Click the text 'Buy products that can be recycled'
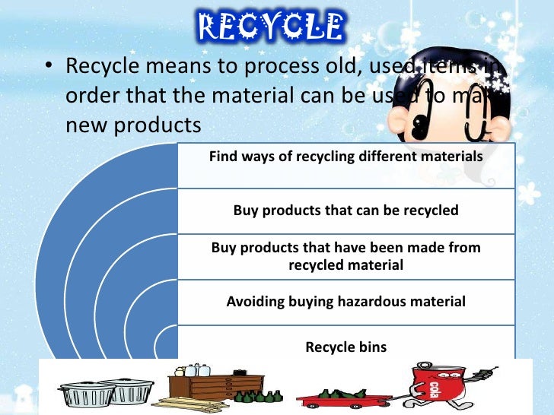click(x=345, y=210)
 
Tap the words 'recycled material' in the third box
click(x=345, y=265)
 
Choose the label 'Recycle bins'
click(x=345, y=347)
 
